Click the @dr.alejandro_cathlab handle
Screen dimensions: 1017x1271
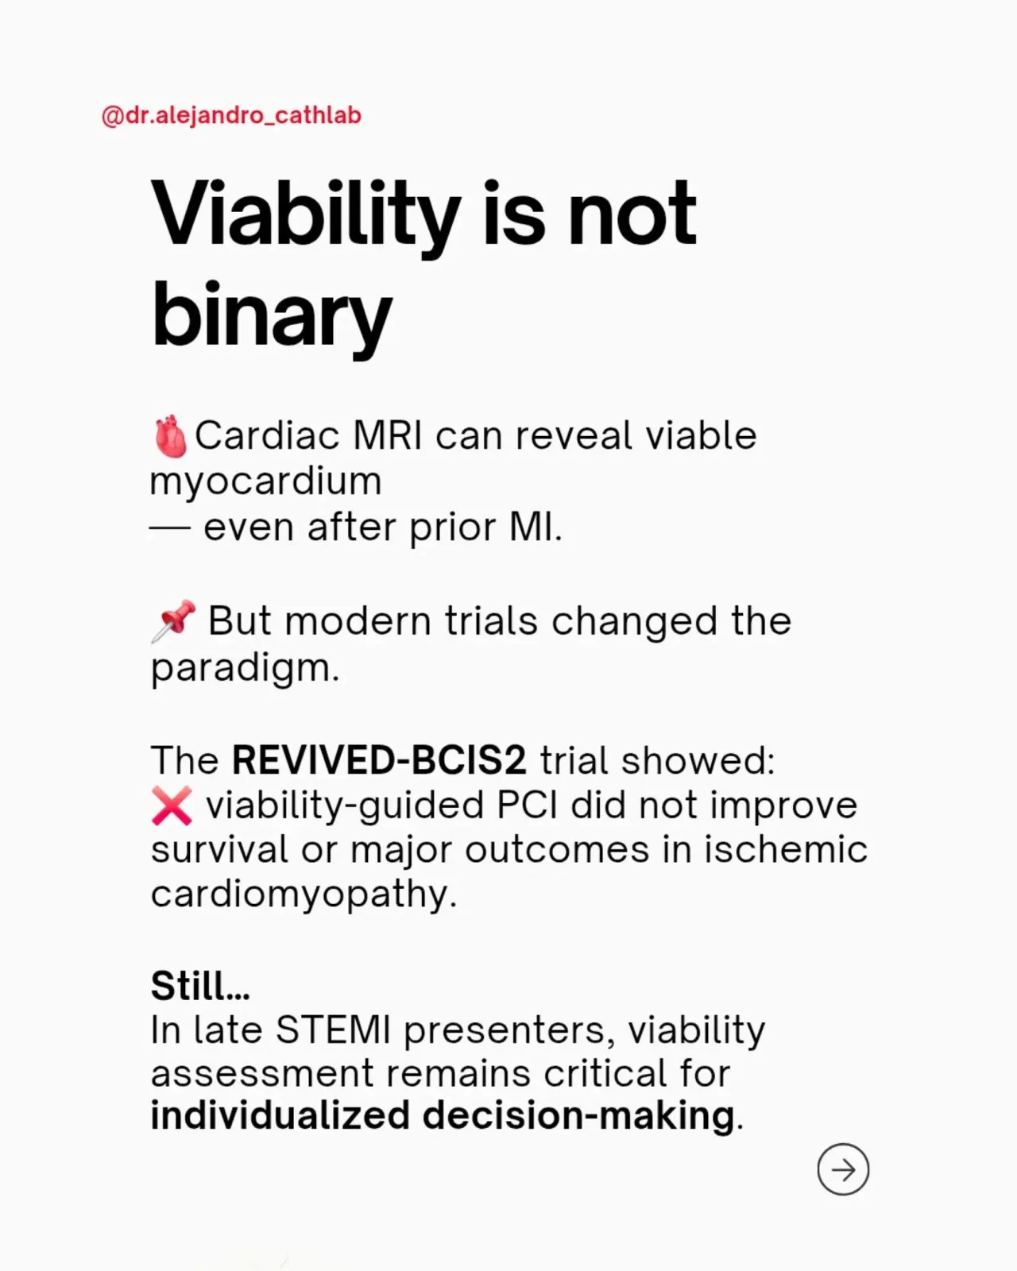pos(231,115)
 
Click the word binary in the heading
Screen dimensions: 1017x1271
pos(272,316)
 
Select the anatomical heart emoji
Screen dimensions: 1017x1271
pos(170,436)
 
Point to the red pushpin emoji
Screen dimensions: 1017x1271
pos(173,621)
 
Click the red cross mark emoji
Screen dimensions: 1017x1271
pos(172,805)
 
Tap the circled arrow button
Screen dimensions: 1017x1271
pos(843,1169)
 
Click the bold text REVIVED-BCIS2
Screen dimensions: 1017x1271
pos(379,760)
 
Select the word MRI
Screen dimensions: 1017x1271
pos(388,436)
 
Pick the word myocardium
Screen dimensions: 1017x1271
pos(266,483)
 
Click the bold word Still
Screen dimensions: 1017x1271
pos(200,987)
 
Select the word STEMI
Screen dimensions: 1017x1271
pos(333,1030)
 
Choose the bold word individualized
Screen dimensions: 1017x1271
pos(280,1115)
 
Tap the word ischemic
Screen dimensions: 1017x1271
pos(785,850)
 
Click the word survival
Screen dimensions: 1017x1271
pos(219,850)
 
